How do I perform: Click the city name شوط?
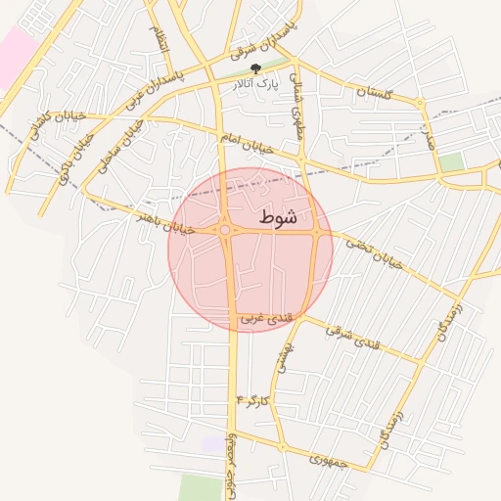(279, 219)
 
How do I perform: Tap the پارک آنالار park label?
(255, 86)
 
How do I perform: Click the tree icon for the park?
(256, 68)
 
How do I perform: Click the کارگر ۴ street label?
(250, 401)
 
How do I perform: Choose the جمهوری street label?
(328, 458)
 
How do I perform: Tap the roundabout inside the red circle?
(225, 230)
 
